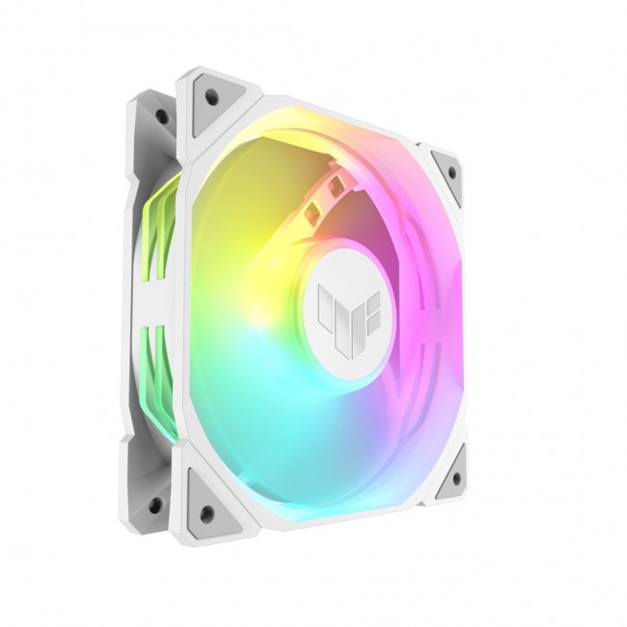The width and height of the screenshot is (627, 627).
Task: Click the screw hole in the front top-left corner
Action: pyautogui.click(x=208, y=95)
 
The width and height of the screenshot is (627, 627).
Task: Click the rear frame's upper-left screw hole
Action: pyautogui.click(x=161, y=117)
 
